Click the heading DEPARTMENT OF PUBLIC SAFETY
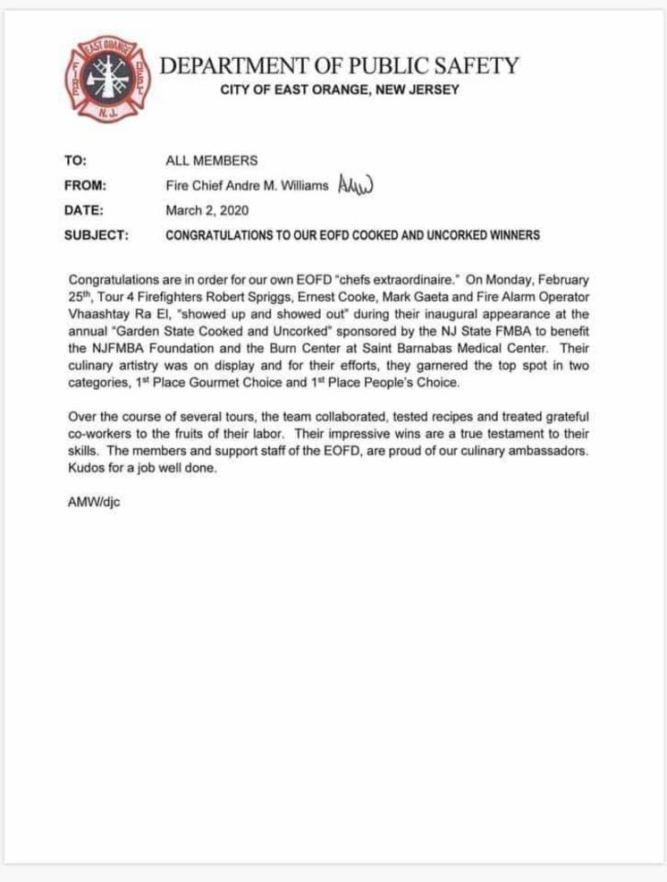(x=339, y=65)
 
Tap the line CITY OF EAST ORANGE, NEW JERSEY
(x=340, y=89)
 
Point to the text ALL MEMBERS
(x=212, y=161)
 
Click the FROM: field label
(x=86, y=186)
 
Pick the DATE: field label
(x=84, y=211)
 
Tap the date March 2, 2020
(x=207, y=211)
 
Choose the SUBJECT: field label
(x=97, y=236)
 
